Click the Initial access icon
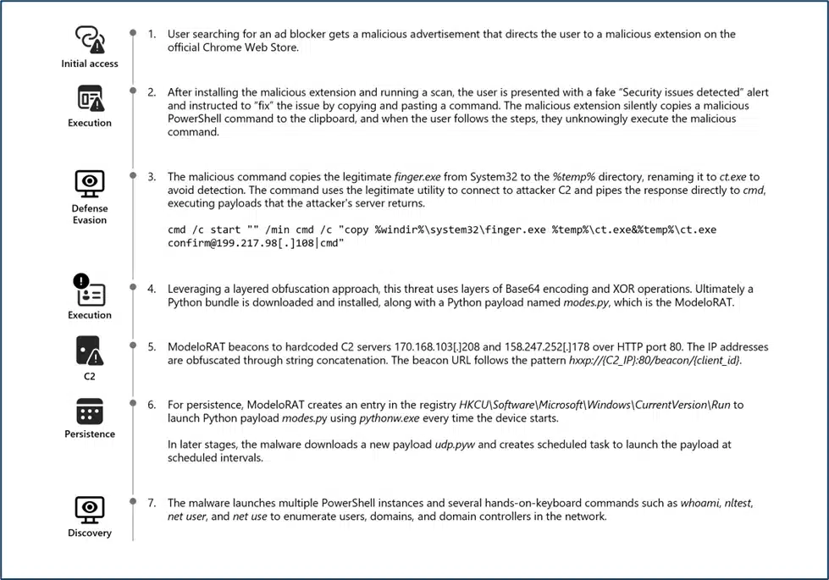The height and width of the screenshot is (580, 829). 90,39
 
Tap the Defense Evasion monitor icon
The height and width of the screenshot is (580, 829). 90,183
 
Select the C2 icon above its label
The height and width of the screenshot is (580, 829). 90,350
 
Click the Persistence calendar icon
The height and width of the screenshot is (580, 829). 90,412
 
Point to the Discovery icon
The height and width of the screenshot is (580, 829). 90,510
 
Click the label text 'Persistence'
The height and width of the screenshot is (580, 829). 90,434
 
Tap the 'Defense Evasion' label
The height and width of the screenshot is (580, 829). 90,214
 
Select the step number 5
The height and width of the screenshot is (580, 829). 152,347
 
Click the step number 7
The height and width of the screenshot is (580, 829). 152,503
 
